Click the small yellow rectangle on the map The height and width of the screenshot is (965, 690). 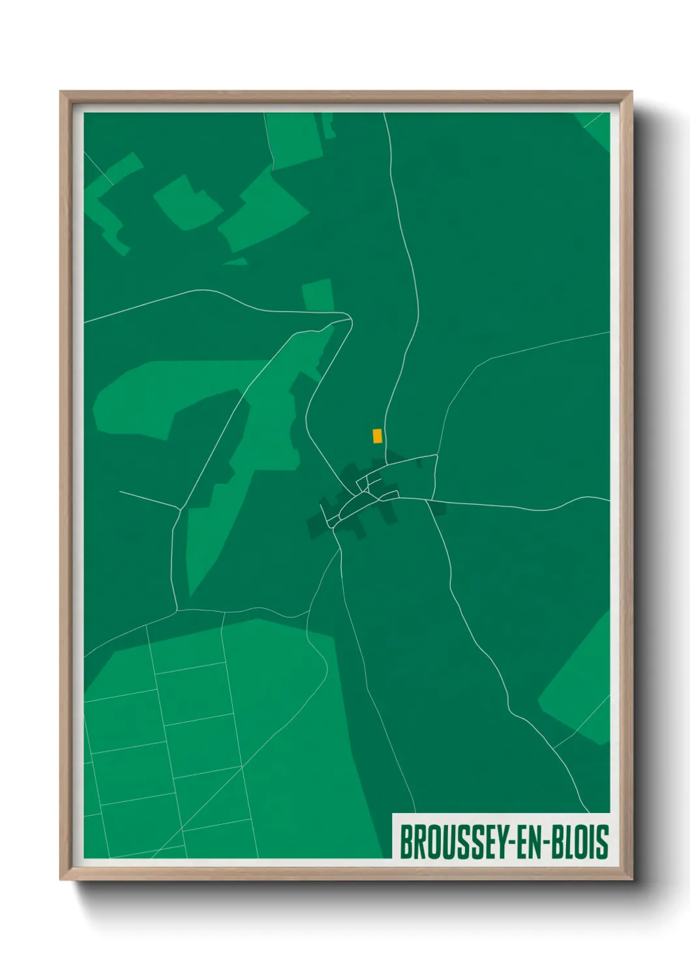tap(377, 436)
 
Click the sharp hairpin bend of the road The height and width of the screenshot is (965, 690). tap(350, 319)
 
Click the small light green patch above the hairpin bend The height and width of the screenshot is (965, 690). tap(318, 295)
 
